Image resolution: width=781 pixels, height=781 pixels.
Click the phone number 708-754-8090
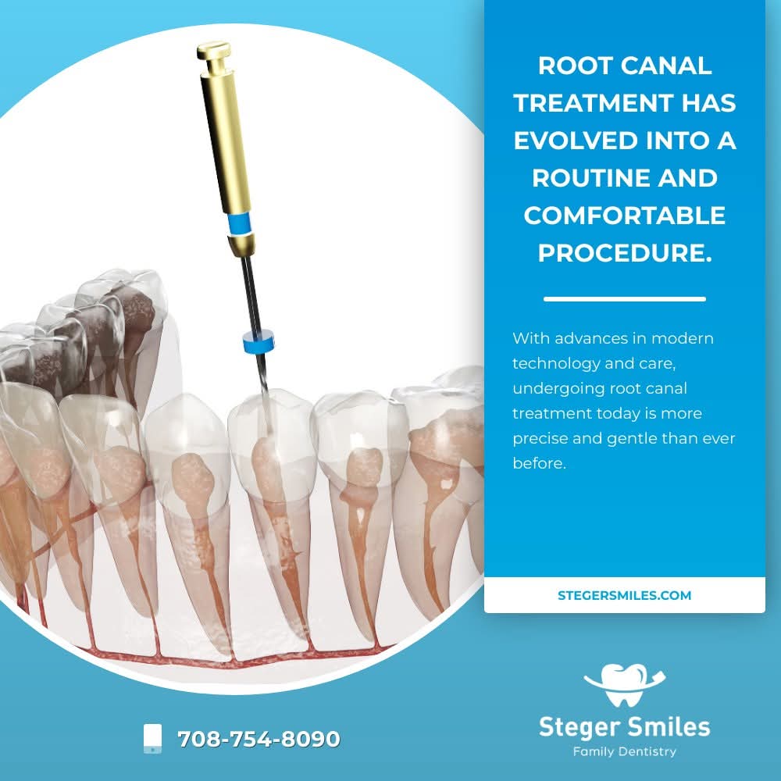click(259, 739)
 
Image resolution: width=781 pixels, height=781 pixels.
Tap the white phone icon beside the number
click(152, 739)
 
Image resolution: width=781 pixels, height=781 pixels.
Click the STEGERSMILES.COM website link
click(624, 595)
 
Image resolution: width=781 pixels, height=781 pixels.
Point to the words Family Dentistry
click(625, 751)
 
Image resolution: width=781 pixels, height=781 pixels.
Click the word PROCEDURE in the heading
click(625, 252)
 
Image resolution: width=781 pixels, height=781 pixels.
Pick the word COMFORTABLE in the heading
click(625, 216)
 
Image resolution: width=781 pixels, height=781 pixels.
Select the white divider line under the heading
click(625, 299)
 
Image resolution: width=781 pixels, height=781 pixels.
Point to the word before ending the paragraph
click(540, 463)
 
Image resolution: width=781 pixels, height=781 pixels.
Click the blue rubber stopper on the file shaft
click(259, 341)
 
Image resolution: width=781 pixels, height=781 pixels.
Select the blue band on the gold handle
click(239, 223)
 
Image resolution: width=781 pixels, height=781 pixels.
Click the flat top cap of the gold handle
click(214, 48)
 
